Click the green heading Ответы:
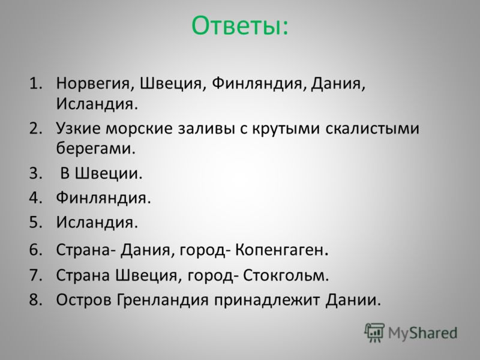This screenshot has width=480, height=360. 239,25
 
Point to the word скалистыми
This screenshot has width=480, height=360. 372,128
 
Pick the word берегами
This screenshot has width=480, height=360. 95,148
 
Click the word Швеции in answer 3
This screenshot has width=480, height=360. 109,173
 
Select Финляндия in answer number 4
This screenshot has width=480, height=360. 103,197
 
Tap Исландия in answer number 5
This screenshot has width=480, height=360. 97,222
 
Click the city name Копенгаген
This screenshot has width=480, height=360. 281,250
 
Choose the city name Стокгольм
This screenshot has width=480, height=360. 286,275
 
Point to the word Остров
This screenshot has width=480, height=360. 84,299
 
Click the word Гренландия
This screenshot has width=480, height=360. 163,299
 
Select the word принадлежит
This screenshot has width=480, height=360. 267,299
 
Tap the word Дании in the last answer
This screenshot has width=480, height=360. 353,299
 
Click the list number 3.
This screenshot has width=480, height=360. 35,173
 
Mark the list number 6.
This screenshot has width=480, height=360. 35,250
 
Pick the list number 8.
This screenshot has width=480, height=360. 35,299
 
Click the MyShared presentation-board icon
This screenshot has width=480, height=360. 374,332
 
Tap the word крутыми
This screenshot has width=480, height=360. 286,128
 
